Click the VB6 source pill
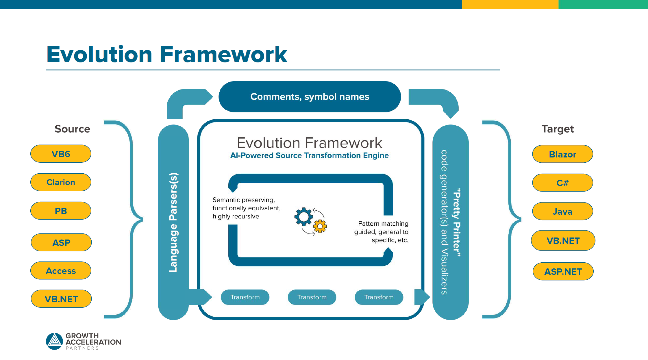pyautogui.click(x=61, y=154)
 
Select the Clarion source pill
pyautogui.click(x=61, y=182)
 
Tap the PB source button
pyautogui.click(x=61, y=211)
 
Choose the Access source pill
pyautogui.click(x=61, y=271)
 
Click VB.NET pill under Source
pyautogui.click(x=61, y=299)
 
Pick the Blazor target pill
pyautogui.click(x=562, y=154)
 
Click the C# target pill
pyautogui.click(x=562, y=183)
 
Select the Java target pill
pyautogui.click(x=562, y=211)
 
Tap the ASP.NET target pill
pyautogui.click(x=563, y=271)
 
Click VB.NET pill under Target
pyautogui.click(x=563, y=241)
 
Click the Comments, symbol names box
pyautogui.click(x=310, y=97)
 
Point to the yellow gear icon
pyautogui.click(x=320, y=226)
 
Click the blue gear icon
pyautogui.click(x=303, y=217)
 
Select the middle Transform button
pyautogui.click(x=312, y=297)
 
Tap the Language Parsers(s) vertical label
pyautogui.click(x=173, y=222)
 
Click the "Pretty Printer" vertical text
pyautogui.click(x=457, y=222)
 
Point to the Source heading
pyautogui.click(x=72, y=129)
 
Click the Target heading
pyautogui.click(x=557, y=129)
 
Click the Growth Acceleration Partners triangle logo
pyautogui.click(x=54, y=341)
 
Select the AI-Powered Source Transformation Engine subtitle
pyautogui.click(x=309, y=155)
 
